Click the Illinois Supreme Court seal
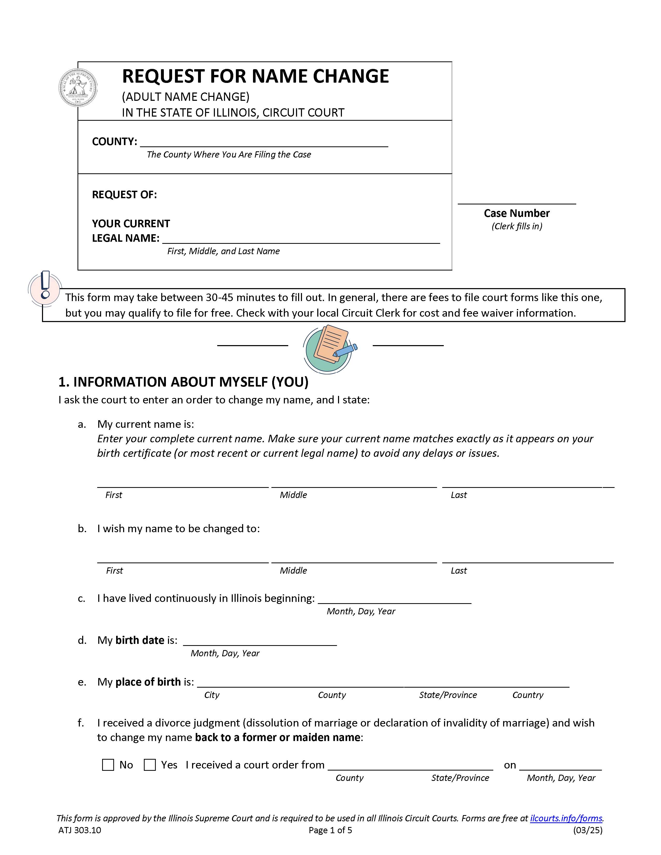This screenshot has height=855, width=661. pyautogui.click(x=78, y=88)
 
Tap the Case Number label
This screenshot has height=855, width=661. pyautogui.click(x=517, y=213)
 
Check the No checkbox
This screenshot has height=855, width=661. pyautogui.click(x=108, y=765)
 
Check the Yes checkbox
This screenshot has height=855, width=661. pyautogui.click(x=150, y=765)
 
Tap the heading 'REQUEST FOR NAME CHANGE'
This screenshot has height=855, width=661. pyautogui.click(x=255, y=76)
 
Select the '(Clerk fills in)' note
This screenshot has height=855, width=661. pyautogui.click(x=517, y=226)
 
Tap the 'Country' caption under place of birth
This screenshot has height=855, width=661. pyautogui.click(x=528, y=695)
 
